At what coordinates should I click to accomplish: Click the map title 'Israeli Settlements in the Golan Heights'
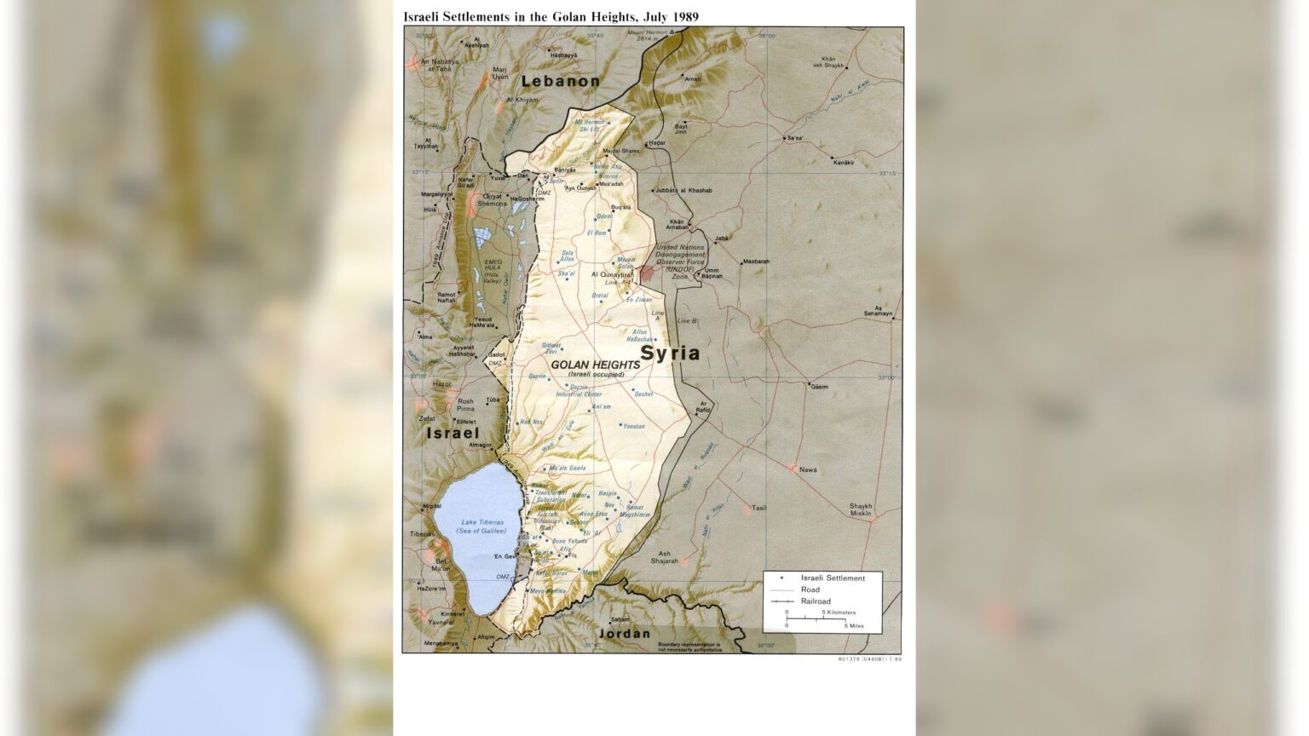click(551, 16)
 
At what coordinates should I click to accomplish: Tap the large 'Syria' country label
click(670, 353)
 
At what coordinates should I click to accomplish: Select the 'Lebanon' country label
click(561, 81)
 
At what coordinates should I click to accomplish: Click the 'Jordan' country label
click(624, 634)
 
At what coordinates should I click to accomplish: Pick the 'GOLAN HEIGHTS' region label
click(595, 365)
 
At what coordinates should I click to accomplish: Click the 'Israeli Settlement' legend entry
click(832, 578)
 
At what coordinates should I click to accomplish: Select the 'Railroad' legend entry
click(816, 601)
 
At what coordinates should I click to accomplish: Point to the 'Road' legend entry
click(810, 589)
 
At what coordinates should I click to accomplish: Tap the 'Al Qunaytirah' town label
click(614, 275)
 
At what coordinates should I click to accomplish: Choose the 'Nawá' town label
click(807, 469)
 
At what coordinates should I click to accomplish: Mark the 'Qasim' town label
click(819, 386)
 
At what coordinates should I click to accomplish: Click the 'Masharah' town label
click(756, 262)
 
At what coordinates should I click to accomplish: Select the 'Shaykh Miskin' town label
click(861, 509)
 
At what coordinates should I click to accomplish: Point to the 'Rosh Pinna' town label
click(465, 405)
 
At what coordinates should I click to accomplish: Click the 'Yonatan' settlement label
click(633, 426)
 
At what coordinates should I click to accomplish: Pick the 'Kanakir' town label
click(842, 162)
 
